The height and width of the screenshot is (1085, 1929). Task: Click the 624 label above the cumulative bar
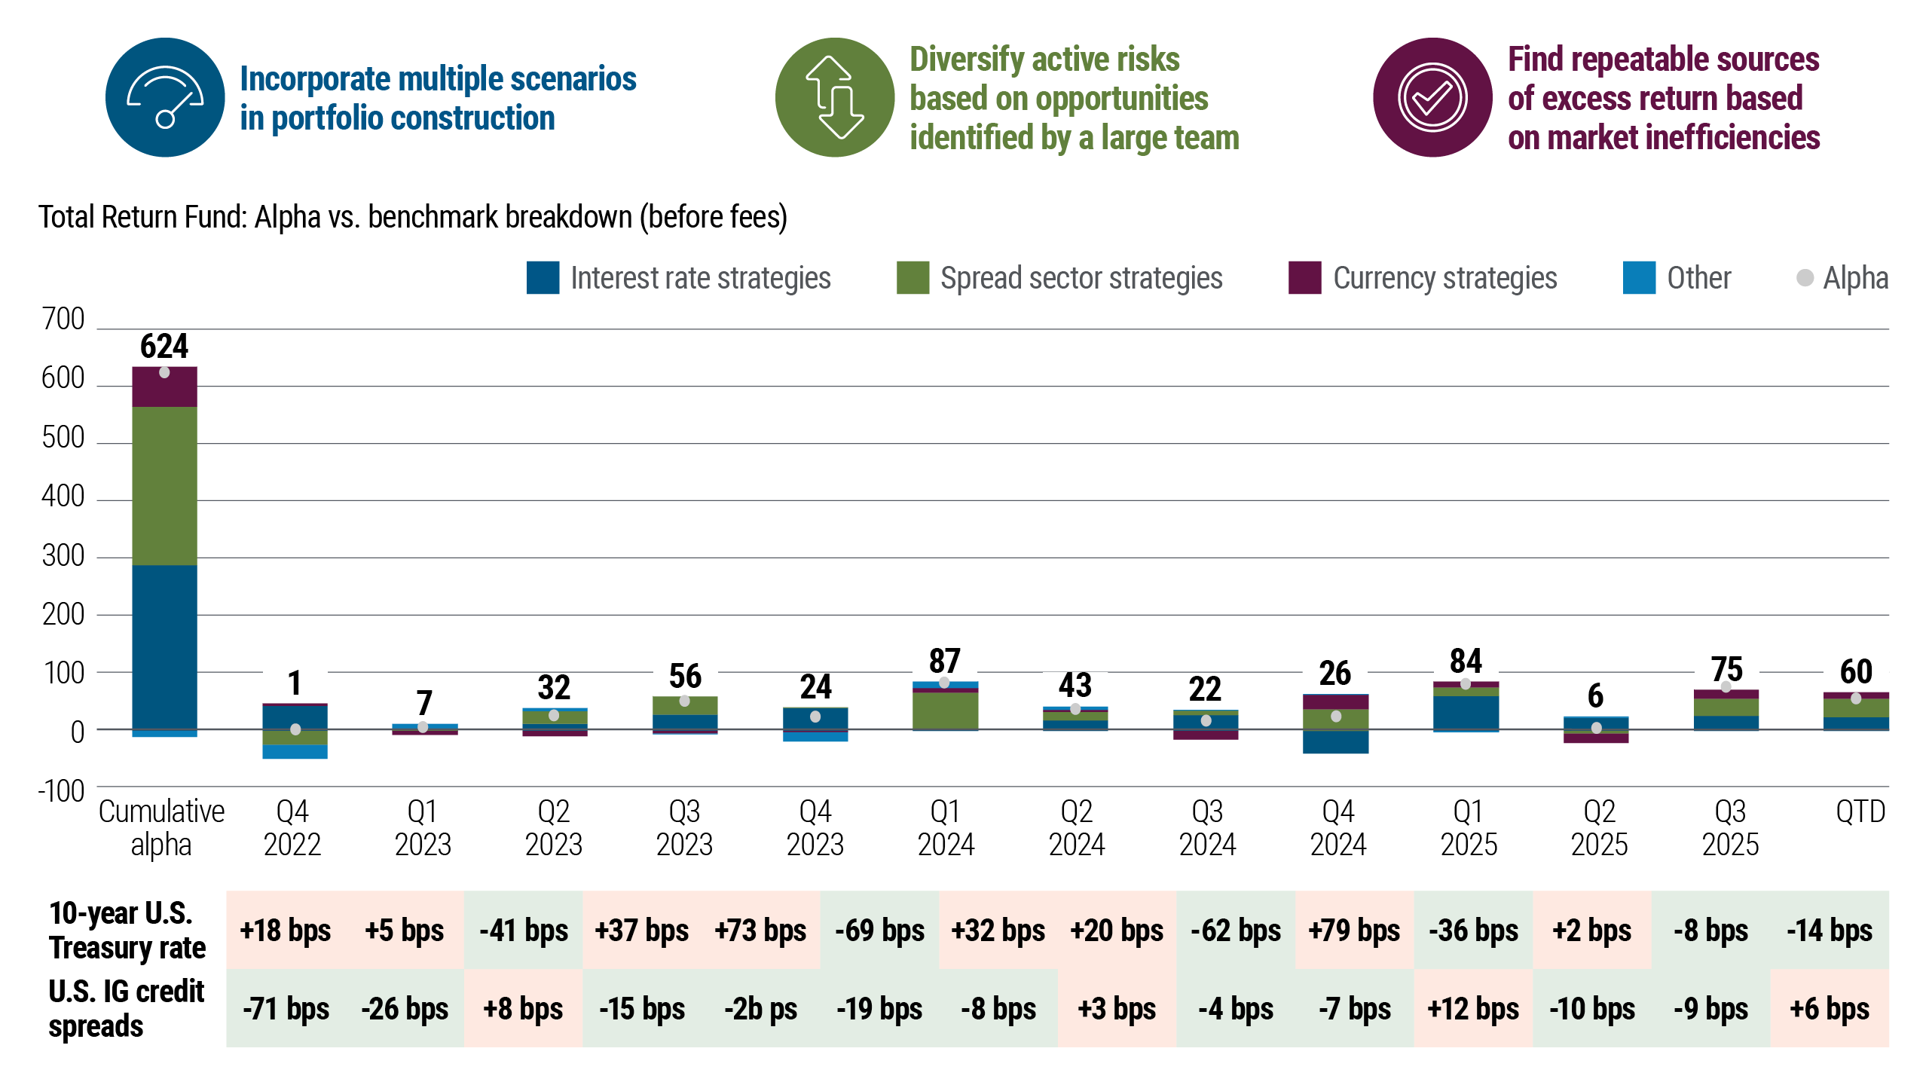coord(164,347)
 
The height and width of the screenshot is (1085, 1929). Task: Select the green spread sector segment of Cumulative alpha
coord(164,486)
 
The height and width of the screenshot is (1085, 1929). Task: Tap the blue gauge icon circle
coord(165,97)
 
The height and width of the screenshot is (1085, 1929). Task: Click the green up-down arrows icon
coord(835,97)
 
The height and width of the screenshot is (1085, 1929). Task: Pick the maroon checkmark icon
coord(1432,97)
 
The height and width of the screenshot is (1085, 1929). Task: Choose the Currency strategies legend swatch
coord(1304,277)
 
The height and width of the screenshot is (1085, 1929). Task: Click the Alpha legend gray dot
coord(1805,277)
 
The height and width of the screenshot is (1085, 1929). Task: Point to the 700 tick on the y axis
coord(63,319)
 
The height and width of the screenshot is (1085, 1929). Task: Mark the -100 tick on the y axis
coord(61,791)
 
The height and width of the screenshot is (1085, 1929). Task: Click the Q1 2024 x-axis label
coord(946,828)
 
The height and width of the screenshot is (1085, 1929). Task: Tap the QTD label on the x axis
coord(1860,812)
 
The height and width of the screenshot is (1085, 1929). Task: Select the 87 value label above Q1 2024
coord(945,661)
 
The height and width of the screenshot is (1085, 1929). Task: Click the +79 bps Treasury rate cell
coord(1354,930)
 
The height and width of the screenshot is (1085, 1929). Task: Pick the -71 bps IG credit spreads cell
coord(286,1008)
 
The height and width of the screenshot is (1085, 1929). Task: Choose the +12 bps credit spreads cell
coord(1473,1008)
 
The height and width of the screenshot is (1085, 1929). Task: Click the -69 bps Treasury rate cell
coord(879,930)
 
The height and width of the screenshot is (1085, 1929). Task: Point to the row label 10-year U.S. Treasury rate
coord(127,930)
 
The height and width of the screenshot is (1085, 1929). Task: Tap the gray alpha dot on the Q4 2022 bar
coord(295,729)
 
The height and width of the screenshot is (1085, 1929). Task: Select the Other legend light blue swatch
coord(1639,277)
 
